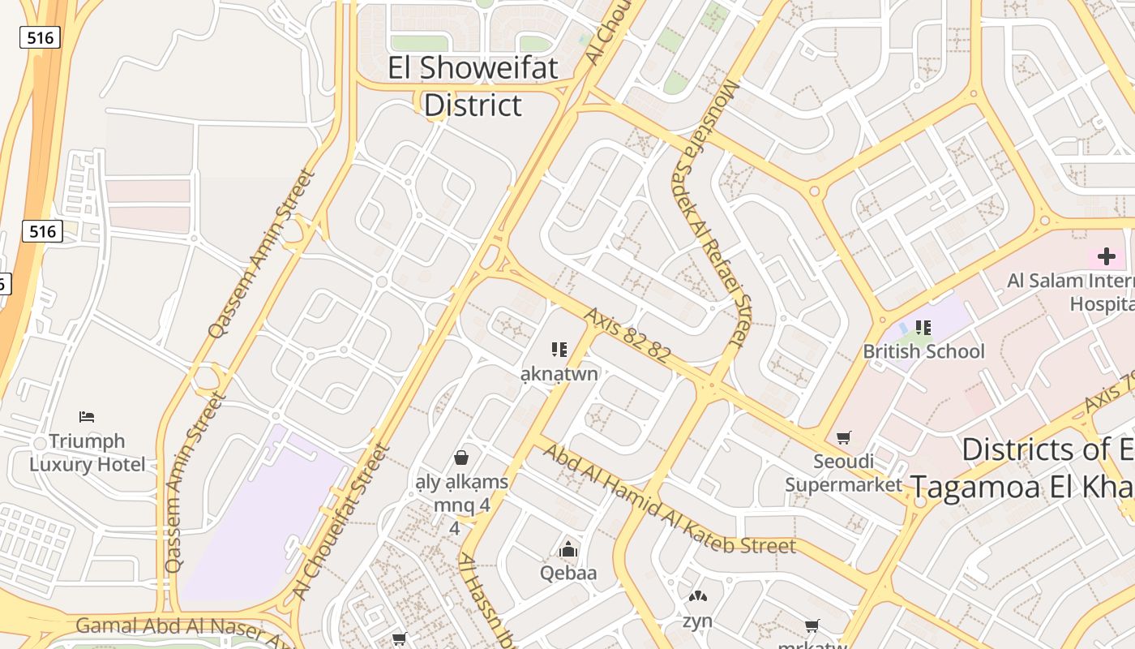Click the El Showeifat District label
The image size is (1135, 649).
click(x=473, y=86)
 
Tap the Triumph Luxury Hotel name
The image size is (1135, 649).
click(x=88, y=453)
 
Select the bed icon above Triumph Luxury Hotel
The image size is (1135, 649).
click(x=87, y=417)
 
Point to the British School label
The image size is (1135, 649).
click(x=923, y=351)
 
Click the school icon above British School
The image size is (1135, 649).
click(x=923, y=328)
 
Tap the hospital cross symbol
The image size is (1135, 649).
click(x=1106, y=257)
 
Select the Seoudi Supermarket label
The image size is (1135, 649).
click(x=844, y=473)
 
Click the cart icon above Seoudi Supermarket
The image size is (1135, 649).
click(x=844, y=438)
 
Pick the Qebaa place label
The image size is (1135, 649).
click(x=568, y=573)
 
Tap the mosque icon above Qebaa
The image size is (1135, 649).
click(x=568, y=549)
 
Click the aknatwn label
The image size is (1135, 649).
click(x=559, y=374)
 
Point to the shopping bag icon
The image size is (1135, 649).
click(x=461, y=458)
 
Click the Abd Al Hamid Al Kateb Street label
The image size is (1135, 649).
click(x=669, y=500)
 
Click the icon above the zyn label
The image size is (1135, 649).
click(x=697, y=597)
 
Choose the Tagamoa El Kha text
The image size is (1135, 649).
click(x=1021, y=487)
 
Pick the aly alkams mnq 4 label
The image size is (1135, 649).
click(x=461, y=494)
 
